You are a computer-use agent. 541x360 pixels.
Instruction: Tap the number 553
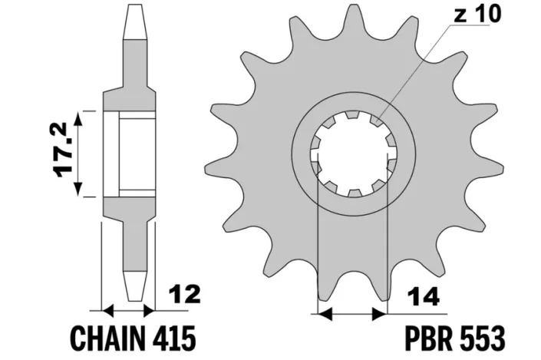483,337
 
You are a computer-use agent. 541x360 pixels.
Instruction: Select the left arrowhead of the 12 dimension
107,311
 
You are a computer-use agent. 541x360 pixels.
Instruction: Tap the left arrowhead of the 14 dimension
323,313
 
